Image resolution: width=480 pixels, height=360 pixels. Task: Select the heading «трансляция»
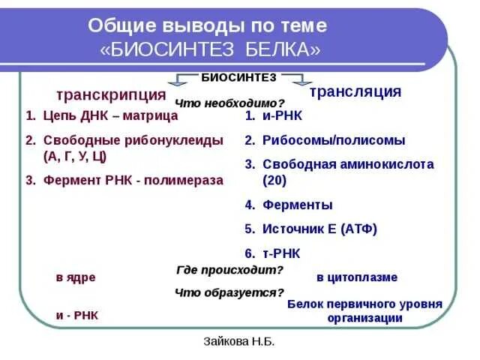(x=355, y=91)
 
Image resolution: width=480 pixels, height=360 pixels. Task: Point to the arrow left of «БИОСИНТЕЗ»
(x=186, y=79)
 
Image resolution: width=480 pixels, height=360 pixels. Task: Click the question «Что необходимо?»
(x=229, y=103)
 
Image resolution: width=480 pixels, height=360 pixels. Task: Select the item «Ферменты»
(x=298, y=205)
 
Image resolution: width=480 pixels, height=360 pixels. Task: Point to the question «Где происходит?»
(x=229, y=270)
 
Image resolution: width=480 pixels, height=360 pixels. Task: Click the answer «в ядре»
(x=76, y=277)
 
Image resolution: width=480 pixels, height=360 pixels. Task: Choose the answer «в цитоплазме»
(x=357, y=277)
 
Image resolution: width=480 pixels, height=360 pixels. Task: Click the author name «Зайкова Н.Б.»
(x=239, y=341)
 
